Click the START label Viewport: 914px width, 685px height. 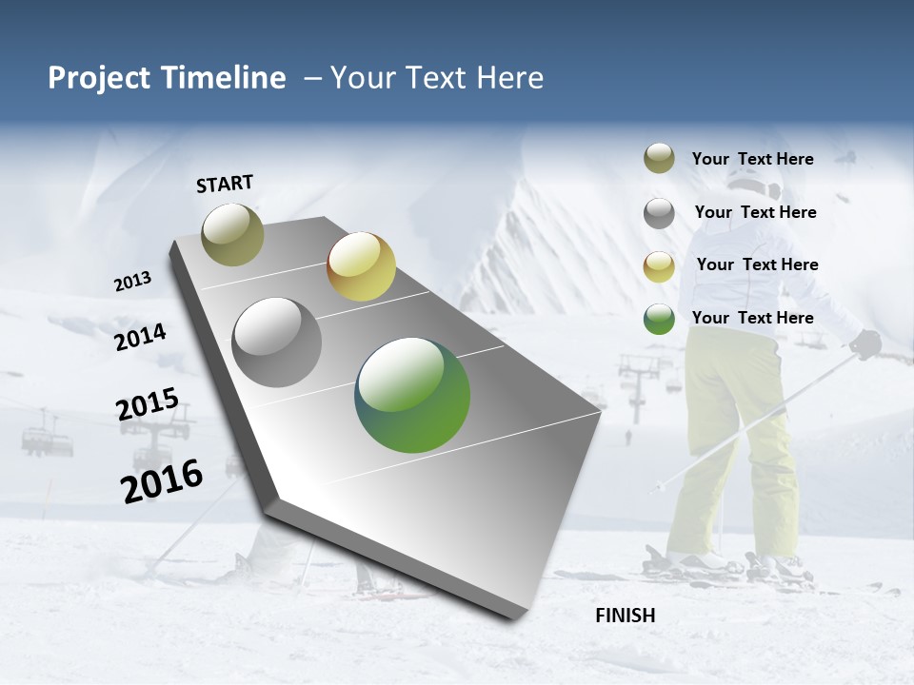coord(225,184)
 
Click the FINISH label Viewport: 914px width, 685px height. coord(626,616)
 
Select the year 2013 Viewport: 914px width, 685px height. coord(132,281)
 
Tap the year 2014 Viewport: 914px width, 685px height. coord(141,338)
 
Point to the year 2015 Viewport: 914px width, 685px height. coord(148,404)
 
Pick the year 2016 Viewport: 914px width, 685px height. coord(162,481)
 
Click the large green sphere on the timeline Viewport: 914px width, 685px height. coord(412,395)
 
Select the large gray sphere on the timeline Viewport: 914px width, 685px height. coord(277,342)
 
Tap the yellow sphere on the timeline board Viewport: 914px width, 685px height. coord(361,266)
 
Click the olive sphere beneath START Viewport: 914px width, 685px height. coord(233,234)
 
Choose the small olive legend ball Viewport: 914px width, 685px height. coord(659,159)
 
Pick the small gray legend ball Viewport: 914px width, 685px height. coord(659,213)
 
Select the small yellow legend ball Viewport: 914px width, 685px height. coord(659,266)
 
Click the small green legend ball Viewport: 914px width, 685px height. coord(659,319)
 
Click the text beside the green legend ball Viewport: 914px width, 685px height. coord(752,318)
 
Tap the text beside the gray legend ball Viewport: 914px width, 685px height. coord(755,212)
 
